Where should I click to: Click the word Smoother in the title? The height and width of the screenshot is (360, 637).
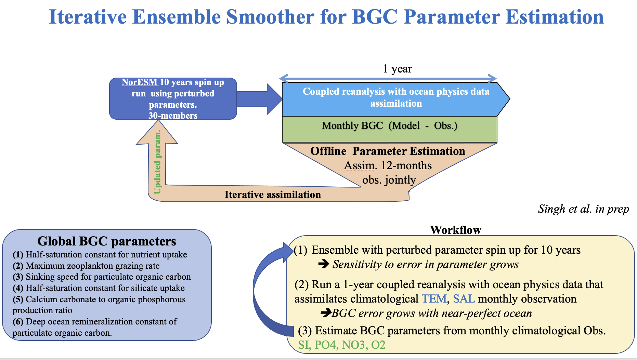pyautogui.click(x=270, y=17)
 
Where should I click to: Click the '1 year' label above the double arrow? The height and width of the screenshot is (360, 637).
pyautogui.click(x=397, y=69)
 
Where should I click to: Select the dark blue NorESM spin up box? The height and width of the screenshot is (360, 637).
pyautogui.click(x=173, y=99)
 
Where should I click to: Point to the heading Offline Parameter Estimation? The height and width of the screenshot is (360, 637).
pyautogui.click(x=387, y=151)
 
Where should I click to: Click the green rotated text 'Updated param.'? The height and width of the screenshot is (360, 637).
pyautogui.click(x=157, y=162)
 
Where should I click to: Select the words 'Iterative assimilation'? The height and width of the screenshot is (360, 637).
pyautogui.click(x=273, y=195)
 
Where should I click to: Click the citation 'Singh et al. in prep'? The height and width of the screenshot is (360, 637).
pyautogui.click(x=583, y=209)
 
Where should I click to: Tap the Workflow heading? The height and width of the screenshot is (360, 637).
pyautogui.click(x=455, y=230)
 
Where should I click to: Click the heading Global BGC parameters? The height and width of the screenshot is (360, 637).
pyautogui.click(x=106, y=241)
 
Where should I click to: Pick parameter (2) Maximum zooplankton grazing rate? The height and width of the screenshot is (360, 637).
pyautogui.click(x=86, y=266)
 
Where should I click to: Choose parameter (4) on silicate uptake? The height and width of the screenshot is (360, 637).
pyautogui.click(x=99, y=288)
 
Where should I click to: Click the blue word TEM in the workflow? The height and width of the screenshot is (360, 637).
pyautogui.click(x=434, y=299)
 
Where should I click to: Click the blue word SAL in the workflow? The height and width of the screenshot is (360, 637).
pyautogui.click(x=464, y=299)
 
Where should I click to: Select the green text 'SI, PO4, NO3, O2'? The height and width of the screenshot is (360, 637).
pyautogui.click(x=341, y=345)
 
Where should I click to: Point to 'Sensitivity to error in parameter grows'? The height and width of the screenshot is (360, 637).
pyautogui.click(x=425, y=265)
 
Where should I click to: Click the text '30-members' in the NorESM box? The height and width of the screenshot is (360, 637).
pyautogui.click(x=173, y=116)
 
